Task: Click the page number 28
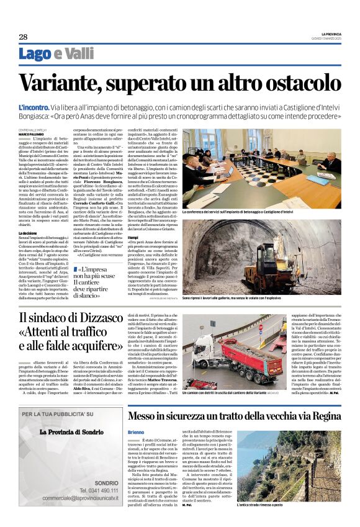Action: (x=23, y=37)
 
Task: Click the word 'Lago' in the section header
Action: (x=35, y=54)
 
